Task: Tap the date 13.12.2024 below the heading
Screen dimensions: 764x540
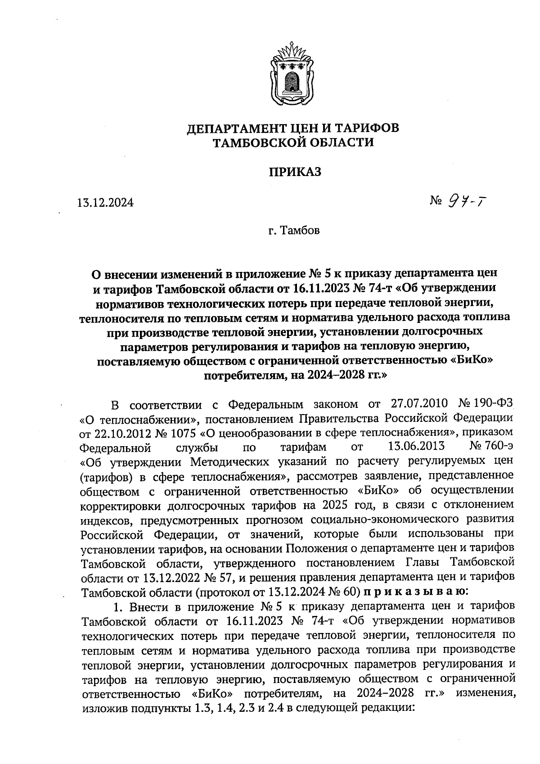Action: pyautogui.click(x=105, y=203)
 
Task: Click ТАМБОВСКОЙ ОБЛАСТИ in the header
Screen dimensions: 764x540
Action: pyautogui.click(x=292, y=143)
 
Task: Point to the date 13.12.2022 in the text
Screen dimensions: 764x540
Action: pyautogui.click(x=171, y=577)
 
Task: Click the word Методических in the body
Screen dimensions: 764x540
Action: pyautogui.click(x=225, y=462)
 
